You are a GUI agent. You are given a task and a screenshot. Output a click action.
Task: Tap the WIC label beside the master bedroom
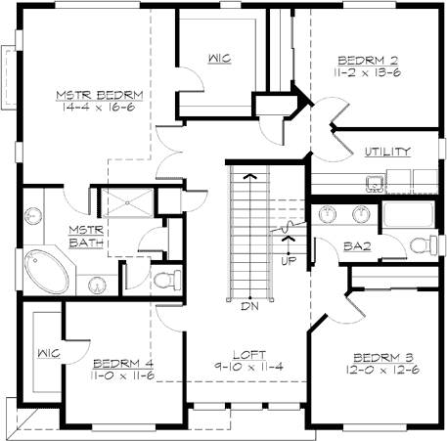[218, 59]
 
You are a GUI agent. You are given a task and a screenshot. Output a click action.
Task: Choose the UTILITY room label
[386, 152]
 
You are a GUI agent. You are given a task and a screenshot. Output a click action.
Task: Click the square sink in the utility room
[374, 182]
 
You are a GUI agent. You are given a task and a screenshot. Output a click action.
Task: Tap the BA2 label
[355, 248]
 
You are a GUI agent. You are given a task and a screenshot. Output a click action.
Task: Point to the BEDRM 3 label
[375, 357]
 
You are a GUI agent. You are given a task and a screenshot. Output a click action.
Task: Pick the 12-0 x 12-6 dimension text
[375, 370]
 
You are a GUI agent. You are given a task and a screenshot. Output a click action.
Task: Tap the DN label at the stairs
[249, 306]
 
